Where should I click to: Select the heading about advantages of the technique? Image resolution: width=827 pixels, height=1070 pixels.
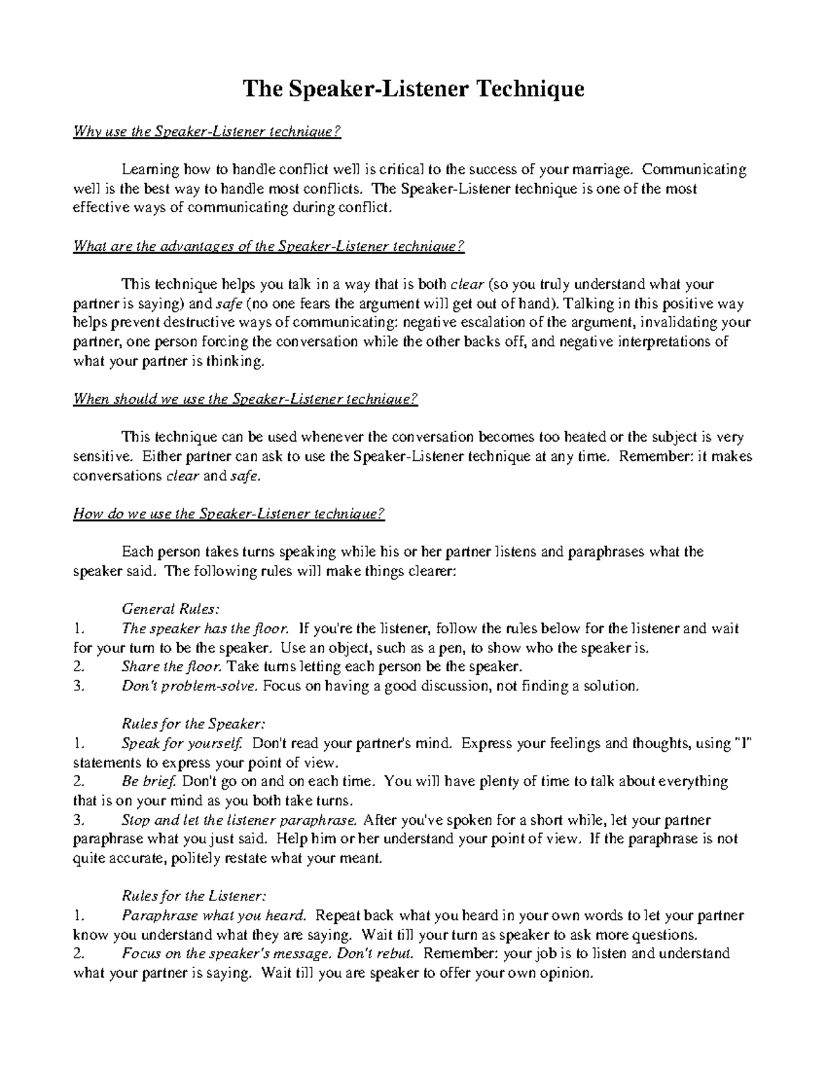pos(269,247)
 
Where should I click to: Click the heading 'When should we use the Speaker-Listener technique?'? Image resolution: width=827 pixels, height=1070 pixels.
pos(245,400)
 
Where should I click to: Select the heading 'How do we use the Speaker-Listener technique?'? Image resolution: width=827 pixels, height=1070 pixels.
pos(228,514)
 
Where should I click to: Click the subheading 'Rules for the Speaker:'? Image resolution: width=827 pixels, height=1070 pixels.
pos(193,724)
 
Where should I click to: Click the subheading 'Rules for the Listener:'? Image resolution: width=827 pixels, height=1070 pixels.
pos(193,896)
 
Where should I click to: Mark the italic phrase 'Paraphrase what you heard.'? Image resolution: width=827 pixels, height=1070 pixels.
pos(214,916)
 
